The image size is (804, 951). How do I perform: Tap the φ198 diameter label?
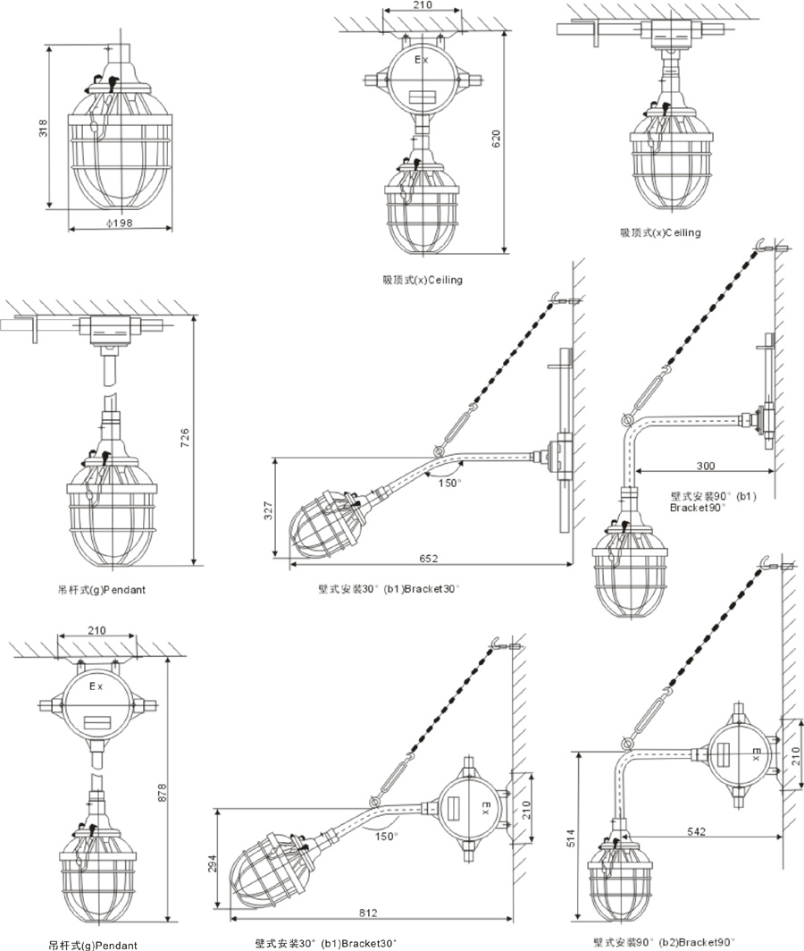[x=120, y=223]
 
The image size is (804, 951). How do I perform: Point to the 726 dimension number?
[x=185, y=438]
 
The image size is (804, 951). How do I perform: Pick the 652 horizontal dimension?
[x=429, y=559]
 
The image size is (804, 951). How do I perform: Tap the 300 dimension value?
[x=707, y=466]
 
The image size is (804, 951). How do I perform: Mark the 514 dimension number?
[x=576, y=838]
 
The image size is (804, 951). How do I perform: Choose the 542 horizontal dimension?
[x=698, y=831]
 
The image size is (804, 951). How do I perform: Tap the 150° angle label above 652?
[x=450, y=483]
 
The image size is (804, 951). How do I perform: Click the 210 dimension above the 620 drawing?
[x=423, y=5]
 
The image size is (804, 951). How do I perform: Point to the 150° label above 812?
[x=385, y=836]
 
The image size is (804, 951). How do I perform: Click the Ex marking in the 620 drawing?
[x=421, y=60]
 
